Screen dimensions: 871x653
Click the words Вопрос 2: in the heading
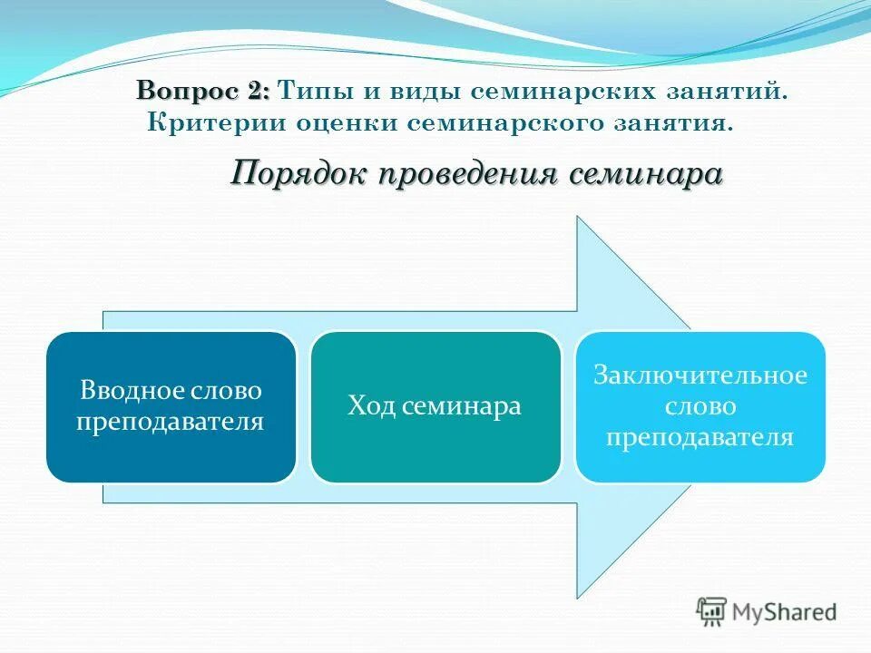pyautogui.click(x=203, y=92)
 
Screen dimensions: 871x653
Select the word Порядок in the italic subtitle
pyautogui.click(x=296, y=173)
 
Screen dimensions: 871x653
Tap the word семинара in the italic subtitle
pyautogui.click(x=646, y=173)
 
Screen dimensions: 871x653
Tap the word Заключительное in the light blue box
pyautogui.click(x=700, y=375)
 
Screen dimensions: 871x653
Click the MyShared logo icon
pyautogui.click(x=712, y=612)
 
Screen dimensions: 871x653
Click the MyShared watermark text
pyautogui.click(x=786, y=613)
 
